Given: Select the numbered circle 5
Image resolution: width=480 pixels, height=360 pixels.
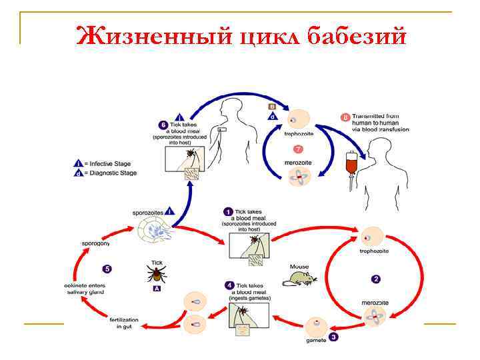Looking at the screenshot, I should pyautogui.click(x=106, y=269).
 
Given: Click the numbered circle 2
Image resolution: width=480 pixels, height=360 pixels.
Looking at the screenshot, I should pyautogui.click(x=375, y=279).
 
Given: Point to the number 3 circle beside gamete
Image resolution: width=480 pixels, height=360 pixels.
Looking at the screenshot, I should pyautogui.click(x=333, y=337).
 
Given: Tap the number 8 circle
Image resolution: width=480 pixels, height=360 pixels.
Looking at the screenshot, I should pyautogui.click(x=345, y=117).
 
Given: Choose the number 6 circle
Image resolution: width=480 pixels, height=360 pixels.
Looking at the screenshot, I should pyautogui.click(x=163, y=125).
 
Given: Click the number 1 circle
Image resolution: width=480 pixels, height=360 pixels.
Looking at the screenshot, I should pyautogui.click(x=228, y=211).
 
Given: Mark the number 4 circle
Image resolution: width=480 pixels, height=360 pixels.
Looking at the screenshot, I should pyautogui.click(x=229, y=285).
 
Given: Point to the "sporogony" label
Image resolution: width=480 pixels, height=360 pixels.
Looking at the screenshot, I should pyautogui.click(x=95, y=243).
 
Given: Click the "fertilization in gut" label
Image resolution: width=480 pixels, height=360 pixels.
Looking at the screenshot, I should pyautogui.click(x=124, y=323).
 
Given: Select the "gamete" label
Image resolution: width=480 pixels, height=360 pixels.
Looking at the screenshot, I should pyautogui.click(x=316, y=341).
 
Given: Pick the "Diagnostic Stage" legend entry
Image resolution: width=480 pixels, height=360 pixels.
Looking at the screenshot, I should pyautogui.click(x=109, y=173).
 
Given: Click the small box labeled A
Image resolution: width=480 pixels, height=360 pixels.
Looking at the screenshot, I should pyautogui.click(x=157, y=288).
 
